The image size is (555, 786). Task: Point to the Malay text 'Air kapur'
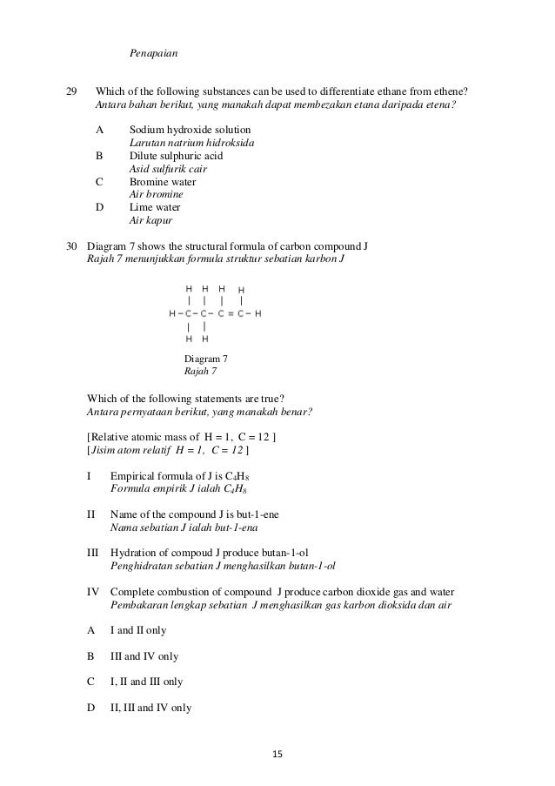(149, 221)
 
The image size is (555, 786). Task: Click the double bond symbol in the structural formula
(231, 312)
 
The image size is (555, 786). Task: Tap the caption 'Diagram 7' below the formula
(206, 359)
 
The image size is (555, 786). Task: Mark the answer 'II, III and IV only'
(152, 708)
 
